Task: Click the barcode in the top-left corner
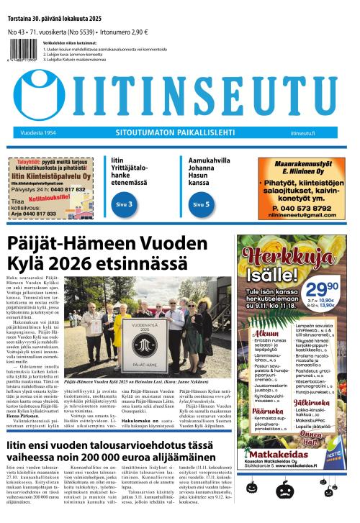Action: [x=17, y=53]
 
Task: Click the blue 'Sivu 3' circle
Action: [x=124, y=205]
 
